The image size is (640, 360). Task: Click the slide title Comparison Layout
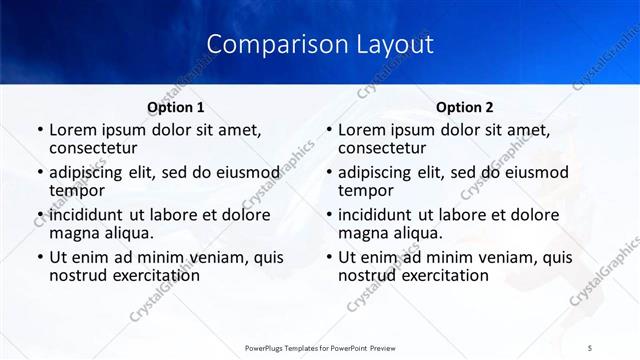click(x=319, y=45)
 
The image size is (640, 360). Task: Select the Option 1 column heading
click(x=175, y=107)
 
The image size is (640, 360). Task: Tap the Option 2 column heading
click(x=464, y=107)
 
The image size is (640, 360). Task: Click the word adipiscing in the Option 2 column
click(x=381, y=172)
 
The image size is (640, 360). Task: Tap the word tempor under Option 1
click(x=76, y=192)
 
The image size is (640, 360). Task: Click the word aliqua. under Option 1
click(x=127, y=234)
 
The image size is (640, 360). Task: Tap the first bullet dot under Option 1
click(x=39, y=131)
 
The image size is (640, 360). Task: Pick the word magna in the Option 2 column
click(x=363, y=234)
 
